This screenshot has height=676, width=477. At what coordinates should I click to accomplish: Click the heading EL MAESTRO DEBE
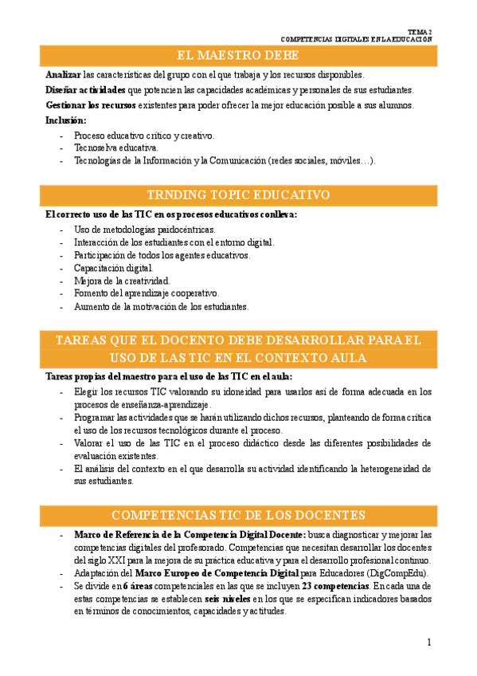(238, 55)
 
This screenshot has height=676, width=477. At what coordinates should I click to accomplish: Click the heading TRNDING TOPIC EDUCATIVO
(238, 195)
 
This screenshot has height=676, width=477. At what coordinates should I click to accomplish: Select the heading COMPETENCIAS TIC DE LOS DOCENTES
(238, 514)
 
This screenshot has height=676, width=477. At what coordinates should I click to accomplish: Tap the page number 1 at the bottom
(428, 643)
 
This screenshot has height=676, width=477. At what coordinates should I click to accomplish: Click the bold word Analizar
(64, 74)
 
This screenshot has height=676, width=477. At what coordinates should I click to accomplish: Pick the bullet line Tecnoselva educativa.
(115, 147)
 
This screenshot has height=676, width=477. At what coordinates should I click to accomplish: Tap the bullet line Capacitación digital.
(113, 269)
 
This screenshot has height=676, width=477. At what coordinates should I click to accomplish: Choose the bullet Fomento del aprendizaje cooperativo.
(146, 293)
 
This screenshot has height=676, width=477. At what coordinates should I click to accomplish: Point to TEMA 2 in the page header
(420, 31)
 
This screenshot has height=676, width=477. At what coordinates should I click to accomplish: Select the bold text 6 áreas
(140, 585)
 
